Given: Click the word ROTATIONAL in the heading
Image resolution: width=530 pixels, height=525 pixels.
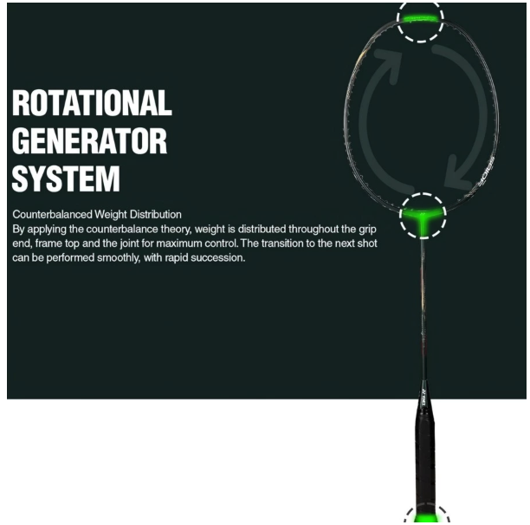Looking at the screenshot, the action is click(x=92, y=103).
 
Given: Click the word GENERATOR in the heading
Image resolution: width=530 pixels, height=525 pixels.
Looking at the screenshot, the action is click(x=89, y=141).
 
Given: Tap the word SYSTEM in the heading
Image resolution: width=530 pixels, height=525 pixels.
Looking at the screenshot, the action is click(x=66, y=178).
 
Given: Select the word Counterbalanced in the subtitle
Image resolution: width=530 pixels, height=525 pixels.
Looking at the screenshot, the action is click(x=52, y=214).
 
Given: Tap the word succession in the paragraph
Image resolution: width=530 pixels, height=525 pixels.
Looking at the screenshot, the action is click(x=218, y=258).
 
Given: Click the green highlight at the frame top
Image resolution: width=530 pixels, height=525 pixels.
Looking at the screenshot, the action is click(x=421, y=18).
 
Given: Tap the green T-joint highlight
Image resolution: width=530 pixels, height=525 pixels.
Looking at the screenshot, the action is click(x=423, y=217).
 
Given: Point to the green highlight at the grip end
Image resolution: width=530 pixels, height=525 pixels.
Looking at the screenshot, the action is click(x=426, y=518).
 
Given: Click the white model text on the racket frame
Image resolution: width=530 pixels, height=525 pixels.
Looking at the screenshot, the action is click(x=486, y=172).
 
